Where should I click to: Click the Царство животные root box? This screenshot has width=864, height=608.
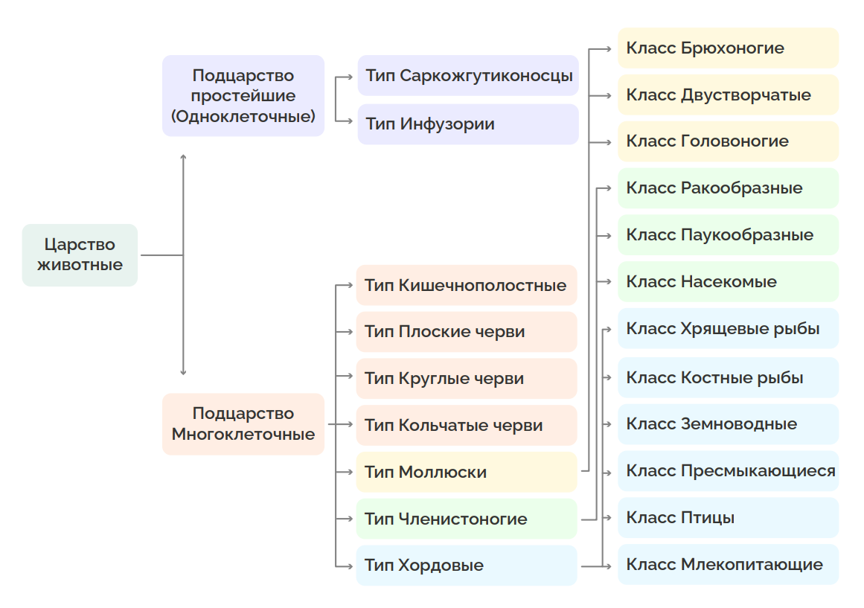[80, 255]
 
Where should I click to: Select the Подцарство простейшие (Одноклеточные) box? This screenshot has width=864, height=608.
[243, 96]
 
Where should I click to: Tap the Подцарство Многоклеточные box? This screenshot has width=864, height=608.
[243, 424]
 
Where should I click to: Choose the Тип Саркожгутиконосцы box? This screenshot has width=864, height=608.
[468, 76]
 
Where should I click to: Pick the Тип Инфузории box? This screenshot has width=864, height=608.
[468, 124]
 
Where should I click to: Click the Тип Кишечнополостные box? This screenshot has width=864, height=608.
[467, 286]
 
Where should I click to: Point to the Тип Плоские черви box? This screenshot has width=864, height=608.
[467, 332]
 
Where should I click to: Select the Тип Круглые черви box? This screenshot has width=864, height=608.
[467, 379]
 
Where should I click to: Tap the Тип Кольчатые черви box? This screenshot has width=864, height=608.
[467, 426]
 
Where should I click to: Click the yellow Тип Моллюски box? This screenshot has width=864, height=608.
[467, 472]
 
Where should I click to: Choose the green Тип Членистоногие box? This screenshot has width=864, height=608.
[467, 519]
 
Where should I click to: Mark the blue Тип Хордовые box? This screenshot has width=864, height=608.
[467, 566]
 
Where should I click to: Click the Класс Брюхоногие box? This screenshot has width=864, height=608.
[728, 48]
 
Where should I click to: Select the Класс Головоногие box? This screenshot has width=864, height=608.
[728, 141]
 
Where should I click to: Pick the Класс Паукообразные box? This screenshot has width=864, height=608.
[728, 235]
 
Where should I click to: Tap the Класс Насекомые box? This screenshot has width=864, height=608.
[728, 282]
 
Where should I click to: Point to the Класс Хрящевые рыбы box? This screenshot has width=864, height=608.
[728, 328]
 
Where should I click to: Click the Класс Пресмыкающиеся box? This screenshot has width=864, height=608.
[728, 471]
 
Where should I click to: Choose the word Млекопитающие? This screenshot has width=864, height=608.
[752, 564]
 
